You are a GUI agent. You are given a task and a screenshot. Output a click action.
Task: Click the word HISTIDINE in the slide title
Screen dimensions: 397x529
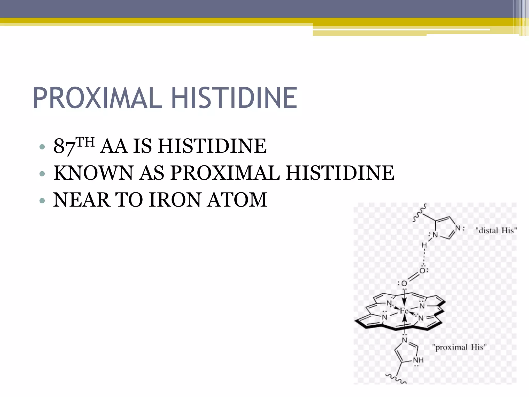pyautogui.click(x=234, y=98)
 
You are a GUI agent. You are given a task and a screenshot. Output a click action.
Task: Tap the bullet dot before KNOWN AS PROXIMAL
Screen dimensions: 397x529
pyautogui.click(x=42, y=173)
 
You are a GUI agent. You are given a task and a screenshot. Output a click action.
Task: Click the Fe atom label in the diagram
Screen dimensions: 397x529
pyautogui.click(x=404, y=311)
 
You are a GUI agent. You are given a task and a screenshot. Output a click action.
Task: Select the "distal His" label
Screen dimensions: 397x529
pyautogui.click(x=496, y=230)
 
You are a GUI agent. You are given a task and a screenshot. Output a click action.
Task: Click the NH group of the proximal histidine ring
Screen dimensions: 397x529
pyautogui.click(x=418, y=360)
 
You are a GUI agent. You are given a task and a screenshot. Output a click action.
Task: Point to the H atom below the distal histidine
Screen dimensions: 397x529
pyautogui.click(x=424, y=245)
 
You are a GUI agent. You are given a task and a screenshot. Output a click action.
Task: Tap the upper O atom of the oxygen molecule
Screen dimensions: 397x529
pyautogui.click(x=422, y=271)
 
